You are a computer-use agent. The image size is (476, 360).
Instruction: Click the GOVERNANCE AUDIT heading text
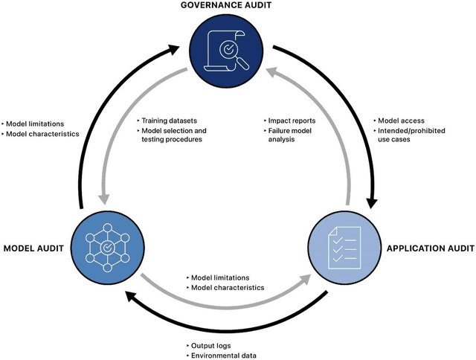pos(237,7)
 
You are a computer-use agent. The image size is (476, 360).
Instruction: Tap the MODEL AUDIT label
pos(34,247)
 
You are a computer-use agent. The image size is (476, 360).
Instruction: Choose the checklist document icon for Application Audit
pos(343,246)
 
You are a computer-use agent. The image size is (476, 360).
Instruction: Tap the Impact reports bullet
pos(292,119)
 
